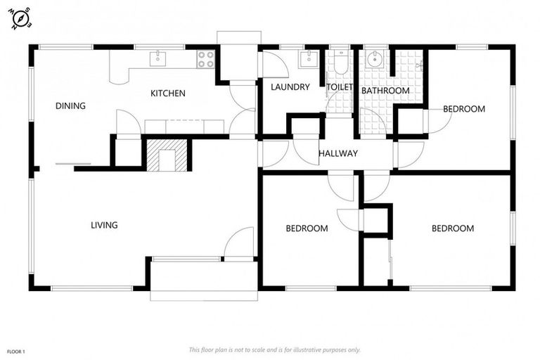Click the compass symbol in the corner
point(20,19)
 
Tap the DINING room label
point(70,106)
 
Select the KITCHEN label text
point(168,94)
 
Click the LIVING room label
point(104,226)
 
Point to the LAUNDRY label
point(290,87)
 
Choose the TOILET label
point(340,87)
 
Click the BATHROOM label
point(385,91)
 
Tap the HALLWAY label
point(337,153)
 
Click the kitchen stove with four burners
point(205,59)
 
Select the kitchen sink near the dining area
point(158,58)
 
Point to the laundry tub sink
point(309,59)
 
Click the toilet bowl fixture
point(340,63)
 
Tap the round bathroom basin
point(376,58)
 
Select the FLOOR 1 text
point(16,350)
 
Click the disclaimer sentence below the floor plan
point(274,349)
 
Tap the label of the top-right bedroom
point(464,109)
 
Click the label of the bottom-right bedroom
point(452,229)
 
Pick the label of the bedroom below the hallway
point(307,229)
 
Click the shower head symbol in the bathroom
point(418,65)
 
